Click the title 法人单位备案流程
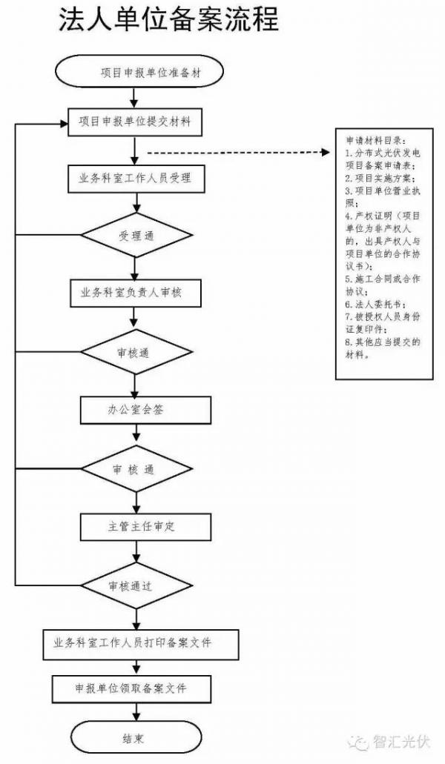click(x=169, y=20)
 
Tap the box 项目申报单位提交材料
click(x=134, y=122)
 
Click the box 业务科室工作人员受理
click(x=134, y=179)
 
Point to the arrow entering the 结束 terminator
click(x=134, y=716)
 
